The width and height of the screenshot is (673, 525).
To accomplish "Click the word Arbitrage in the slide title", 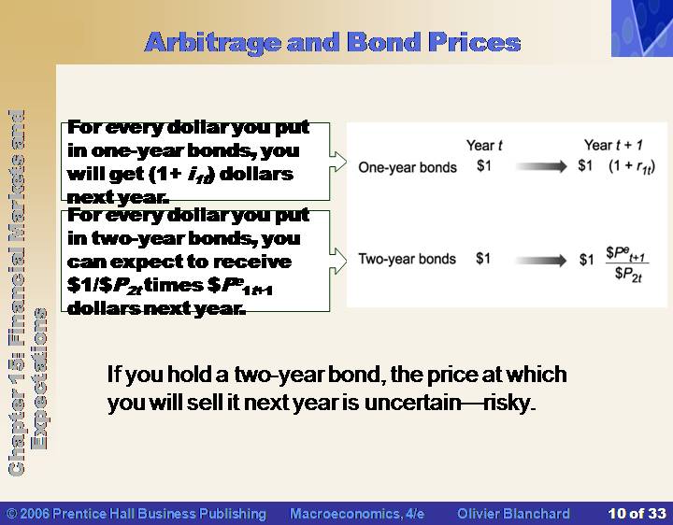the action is click(213, 43).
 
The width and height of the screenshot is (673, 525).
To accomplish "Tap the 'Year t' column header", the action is click(484, 146).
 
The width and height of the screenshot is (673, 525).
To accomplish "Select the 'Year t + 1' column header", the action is click(613, 145).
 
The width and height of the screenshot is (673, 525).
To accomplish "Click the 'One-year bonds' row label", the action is click(408, 167).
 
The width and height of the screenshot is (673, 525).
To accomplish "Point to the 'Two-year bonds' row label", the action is click(407, 259).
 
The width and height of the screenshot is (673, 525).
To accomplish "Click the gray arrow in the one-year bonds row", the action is click(541, 166).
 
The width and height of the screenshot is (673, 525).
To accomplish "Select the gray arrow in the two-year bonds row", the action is click(541, 261).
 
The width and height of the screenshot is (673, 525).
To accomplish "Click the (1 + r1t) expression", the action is click(632, 166).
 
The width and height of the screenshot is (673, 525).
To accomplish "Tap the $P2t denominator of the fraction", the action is click(628, 274).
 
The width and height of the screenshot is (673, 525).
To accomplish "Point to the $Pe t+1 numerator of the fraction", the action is click(626, 253).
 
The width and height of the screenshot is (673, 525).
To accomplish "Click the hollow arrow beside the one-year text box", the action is click(338, 162).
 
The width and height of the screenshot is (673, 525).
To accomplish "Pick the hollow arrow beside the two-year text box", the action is click(338, 261).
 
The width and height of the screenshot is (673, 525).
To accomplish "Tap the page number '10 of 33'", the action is click(637, 514).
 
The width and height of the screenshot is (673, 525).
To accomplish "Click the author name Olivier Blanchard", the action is click(513, 514).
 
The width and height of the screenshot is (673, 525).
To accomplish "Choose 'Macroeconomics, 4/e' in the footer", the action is click(357, 514).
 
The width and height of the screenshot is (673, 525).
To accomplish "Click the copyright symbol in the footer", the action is click(11, 514).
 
